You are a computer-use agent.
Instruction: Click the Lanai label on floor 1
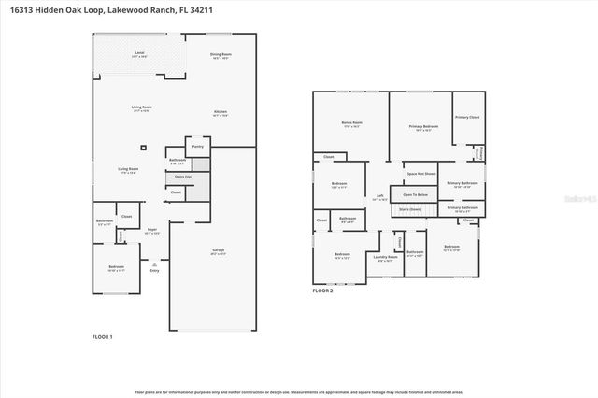click(x=139, y=53)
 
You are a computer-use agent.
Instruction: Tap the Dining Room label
click(x=221, y=55)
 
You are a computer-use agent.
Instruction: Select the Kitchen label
click(x=221, y=113)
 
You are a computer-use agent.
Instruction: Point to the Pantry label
click(x=197, y=147)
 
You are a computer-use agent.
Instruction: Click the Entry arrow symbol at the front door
click(x=153, y=264)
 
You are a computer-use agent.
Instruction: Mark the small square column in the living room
click(x=143, y=147)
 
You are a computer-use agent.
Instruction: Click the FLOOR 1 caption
click(x=102, y=335)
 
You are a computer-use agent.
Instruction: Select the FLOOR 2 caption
click(x=322, y=291)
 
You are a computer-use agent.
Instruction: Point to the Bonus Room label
click(x=352, y=123)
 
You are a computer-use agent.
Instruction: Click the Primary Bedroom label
click(x=423, y=126)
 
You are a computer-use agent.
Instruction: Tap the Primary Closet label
click(x=467, y=117)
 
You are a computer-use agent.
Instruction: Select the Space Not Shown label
click(x=421, y=174)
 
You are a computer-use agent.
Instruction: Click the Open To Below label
click(x=415, y=194)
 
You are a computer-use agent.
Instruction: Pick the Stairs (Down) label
click(x=410, y=210)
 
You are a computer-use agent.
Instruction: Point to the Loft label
click(x=378, y=198)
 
